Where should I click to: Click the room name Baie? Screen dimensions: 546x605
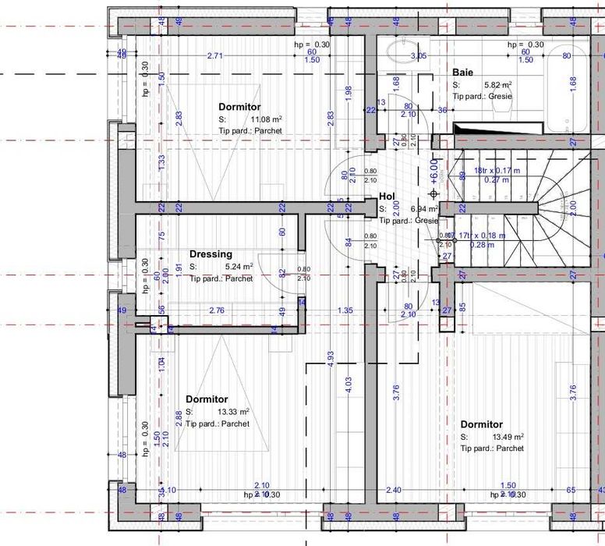(462, 73)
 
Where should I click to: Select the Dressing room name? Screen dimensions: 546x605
(211, 254)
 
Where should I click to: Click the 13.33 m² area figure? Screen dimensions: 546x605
(233, 412)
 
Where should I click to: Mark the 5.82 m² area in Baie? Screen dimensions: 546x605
(497, 85)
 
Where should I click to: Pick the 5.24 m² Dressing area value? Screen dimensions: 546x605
(237, 267)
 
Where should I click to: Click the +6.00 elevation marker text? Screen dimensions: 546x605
(434, 170)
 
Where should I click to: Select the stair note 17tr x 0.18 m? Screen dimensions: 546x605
(481, 236)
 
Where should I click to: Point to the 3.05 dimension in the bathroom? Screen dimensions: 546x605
(419, 55)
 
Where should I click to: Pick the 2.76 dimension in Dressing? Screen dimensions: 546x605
(218, 310)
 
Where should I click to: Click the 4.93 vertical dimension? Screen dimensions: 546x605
(331, 359)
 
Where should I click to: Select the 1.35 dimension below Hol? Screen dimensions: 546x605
(345, 310)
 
